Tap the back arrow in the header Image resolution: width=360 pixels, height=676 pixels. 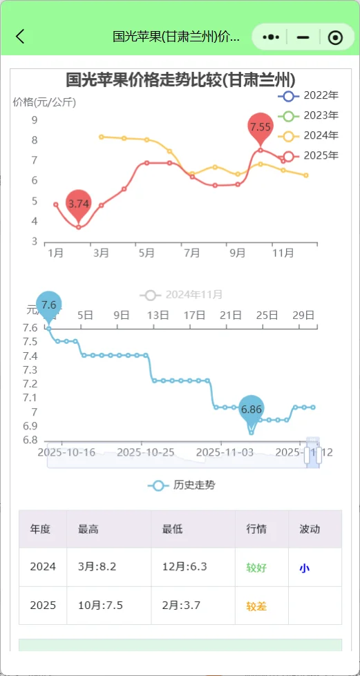(21, 37)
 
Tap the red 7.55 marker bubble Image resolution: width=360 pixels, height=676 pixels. (260, 126)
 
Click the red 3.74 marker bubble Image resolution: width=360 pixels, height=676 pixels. (79, 203)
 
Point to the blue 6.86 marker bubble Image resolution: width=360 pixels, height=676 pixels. (252, 409)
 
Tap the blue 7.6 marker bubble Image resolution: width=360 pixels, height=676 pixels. (48, 305)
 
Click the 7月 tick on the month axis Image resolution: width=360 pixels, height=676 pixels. (191, 253)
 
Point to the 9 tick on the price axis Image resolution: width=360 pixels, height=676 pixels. (35, 120)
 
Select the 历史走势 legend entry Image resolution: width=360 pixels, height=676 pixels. (182, 485)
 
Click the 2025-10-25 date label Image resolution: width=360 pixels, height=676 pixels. (145, 452)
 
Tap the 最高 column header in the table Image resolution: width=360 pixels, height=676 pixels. (88, 529)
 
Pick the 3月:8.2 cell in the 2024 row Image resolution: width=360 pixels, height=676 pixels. (97, 567)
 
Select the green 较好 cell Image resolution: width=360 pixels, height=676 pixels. (256, 568)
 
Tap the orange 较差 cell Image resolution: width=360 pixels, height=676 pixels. (256, 606)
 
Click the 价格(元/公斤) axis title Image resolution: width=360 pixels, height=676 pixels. (44, 102)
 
